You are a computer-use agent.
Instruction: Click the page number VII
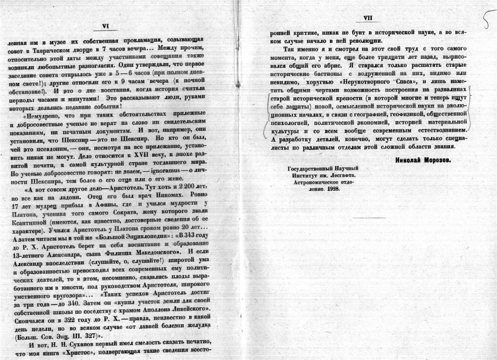368,18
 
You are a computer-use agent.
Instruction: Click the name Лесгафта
342,176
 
